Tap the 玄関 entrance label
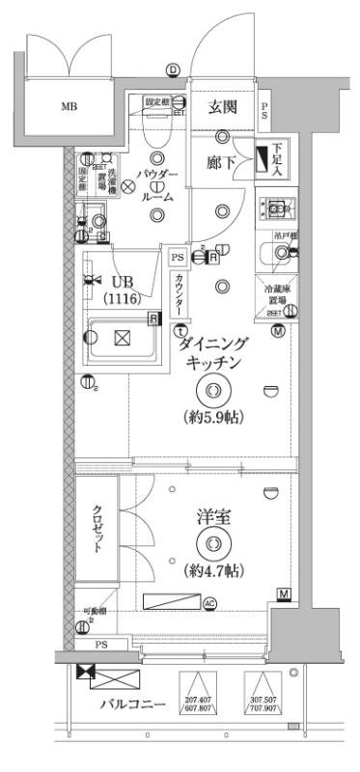[223, 107]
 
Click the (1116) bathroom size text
[123, 298]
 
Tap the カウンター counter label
[180, 293]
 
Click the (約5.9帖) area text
[213, 418]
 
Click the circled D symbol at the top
[172, 69]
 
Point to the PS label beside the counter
[177, 258]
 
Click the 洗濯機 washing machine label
[114, 183]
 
